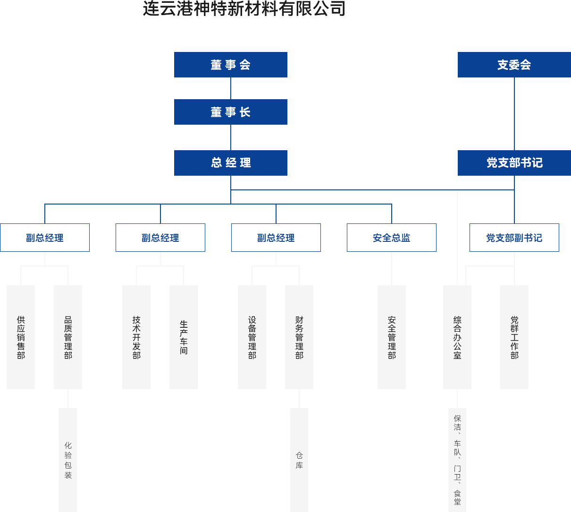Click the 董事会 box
(230, 64)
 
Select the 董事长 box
(230, 111)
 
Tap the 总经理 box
(230, 162)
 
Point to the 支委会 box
(514, 64)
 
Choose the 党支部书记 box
(514, 162)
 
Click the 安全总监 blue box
(391, 238)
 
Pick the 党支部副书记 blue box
(514, 238)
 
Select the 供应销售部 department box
(21, 337)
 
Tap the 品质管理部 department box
(68, 337)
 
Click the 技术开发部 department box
(136, 337)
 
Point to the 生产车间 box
(184, 337)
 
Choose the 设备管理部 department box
(252, 337)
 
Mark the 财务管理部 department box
(299, 337)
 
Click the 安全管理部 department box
(392, 337)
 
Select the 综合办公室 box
(457, 337)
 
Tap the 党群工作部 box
(514, 337)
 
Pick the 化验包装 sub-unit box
(68, 460)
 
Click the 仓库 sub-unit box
(299, 460)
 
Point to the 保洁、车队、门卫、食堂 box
(457, 460)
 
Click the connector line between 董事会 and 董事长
(230, 88)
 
